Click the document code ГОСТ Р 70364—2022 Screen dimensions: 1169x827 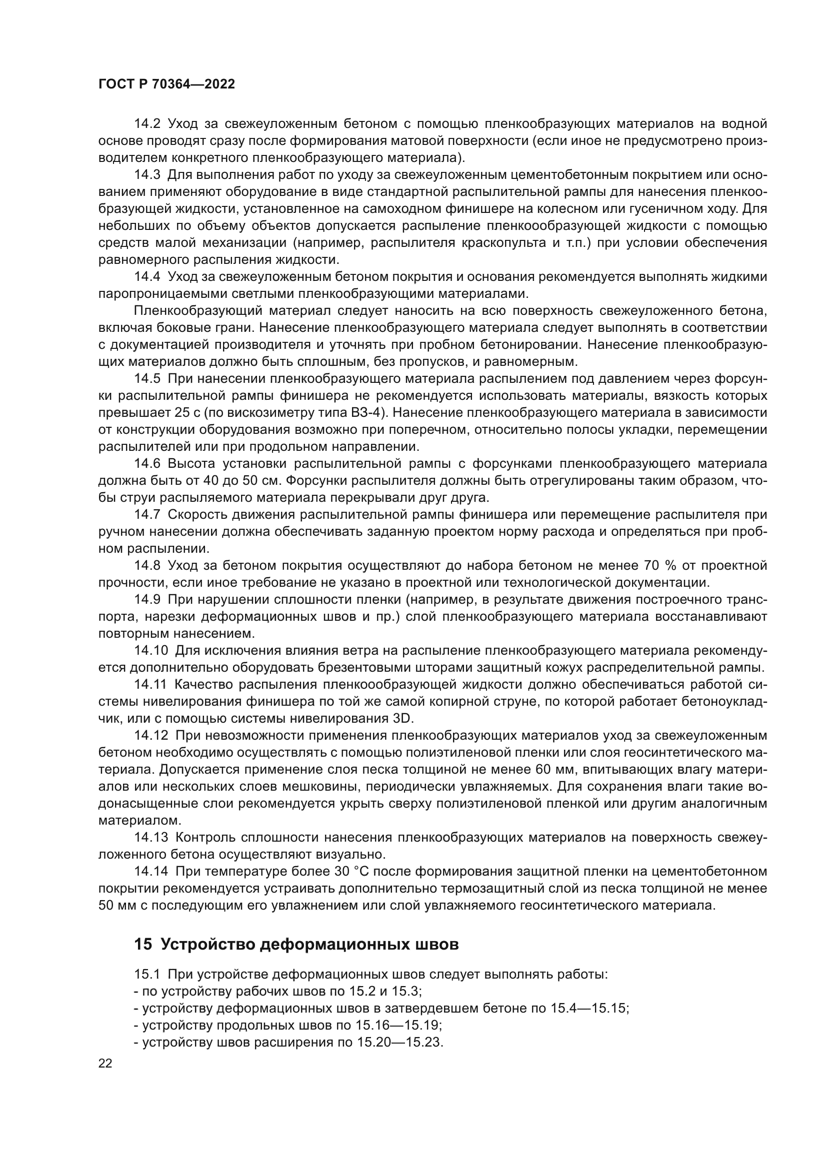[x=166, y=84]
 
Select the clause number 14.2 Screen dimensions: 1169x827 [x=147, y=124]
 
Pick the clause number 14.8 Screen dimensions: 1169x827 [x=147, y=565]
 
